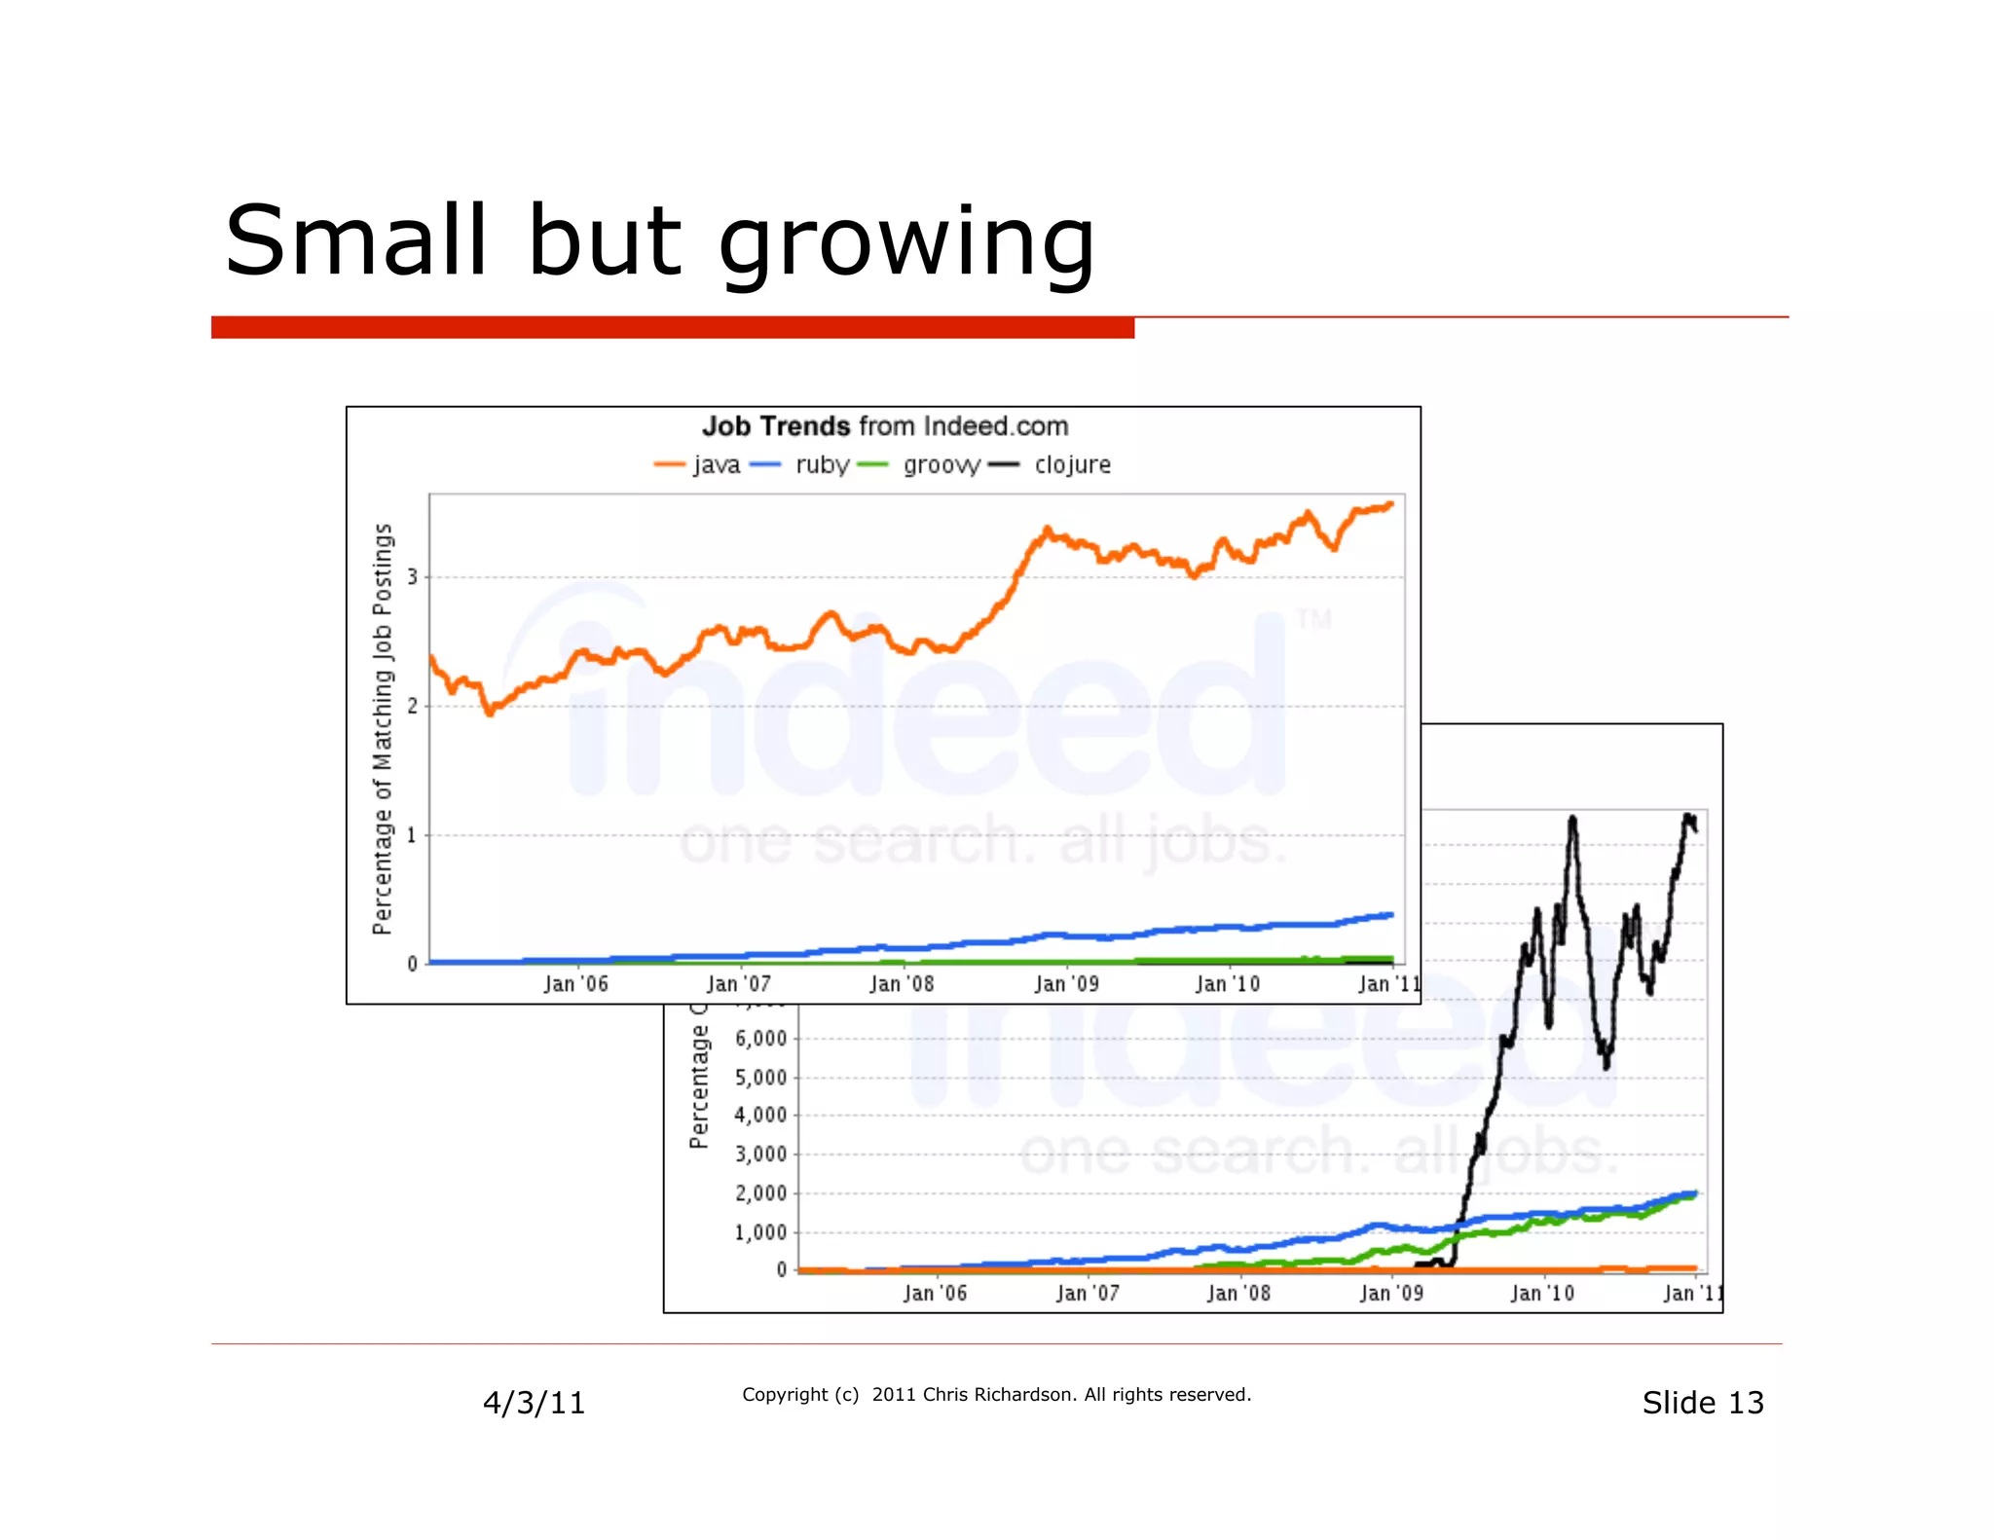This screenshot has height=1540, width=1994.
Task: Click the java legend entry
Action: [716, 465]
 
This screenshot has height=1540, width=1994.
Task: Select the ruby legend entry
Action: [822, 465]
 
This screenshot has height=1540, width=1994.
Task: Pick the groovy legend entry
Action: [940, 465]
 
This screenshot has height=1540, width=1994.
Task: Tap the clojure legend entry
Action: [1072, 465]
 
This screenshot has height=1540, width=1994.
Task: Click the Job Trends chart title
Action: [884, 426]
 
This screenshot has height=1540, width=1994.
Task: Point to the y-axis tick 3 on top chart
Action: [413, 577]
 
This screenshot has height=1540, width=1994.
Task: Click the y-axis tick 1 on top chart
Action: [413, 835]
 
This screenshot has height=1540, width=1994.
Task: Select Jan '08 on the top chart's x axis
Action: [902, 984]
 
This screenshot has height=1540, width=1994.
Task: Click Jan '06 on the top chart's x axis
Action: [575, 984]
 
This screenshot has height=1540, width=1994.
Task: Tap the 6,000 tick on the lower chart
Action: [760, 1039]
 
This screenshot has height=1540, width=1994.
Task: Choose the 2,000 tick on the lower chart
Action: [760, 1193]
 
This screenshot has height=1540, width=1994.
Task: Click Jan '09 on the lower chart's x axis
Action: [1391, 1294]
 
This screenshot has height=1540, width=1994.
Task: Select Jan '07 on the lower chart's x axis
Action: [1088, 1294]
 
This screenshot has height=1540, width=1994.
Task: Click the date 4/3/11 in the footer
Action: [534, 1403]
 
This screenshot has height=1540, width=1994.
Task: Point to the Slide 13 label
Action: [1702, 1403]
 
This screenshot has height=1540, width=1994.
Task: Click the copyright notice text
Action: [996, 1395]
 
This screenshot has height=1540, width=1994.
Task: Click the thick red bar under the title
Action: [672, 328]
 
